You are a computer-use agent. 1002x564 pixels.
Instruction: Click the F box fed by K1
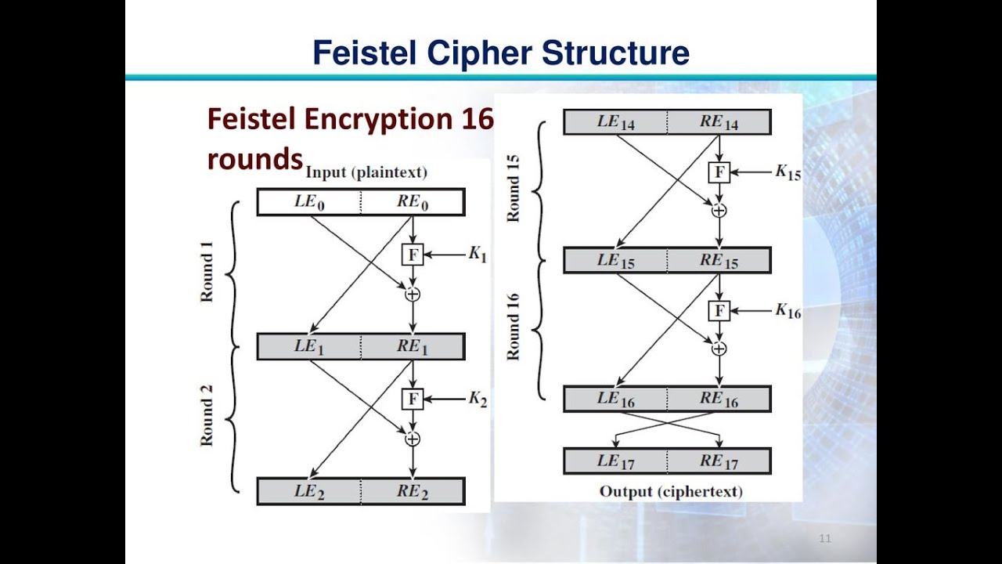pos(412,254)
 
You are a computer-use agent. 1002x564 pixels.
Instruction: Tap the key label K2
pos(478,399)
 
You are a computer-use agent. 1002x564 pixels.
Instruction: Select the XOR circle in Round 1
pos(412,294)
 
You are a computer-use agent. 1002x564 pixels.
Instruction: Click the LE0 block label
pos(308,201)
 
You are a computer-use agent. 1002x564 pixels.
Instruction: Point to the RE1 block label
pos(412,346)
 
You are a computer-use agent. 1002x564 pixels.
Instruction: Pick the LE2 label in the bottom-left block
pos(308,492)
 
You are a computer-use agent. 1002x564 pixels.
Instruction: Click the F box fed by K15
pos(719,172)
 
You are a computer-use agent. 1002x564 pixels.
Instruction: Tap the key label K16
pos(788,311)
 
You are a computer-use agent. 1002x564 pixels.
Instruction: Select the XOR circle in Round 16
pos(719,348)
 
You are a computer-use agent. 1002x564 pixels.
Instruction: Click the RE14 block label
pos(719,121)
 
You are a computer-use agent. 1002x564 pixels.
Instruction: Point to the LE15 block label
pos(615,261)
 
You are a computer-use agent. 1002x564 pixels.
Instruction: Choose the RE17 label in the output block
pos(719,461)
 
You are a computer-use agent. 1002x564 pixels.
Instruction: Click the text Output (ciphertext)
pos(670,492)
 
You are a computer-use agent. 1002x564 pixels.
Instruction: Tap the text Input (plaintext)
pos(366,172)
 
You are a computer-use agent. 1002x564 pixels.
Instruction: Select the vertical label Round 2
pos(207,421)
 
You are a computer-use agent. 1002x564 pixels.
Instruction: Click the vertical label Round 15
pos(514,188)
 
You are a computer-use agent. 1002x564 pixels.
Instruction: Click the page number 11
pos(825,538)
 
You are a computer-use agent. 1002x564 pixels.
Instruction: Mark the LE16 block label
pos(615,399)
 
